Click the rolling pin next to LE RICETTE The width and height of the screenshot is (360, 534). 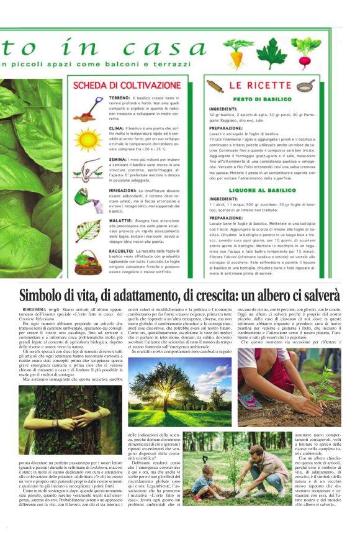tap(216, 85)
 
